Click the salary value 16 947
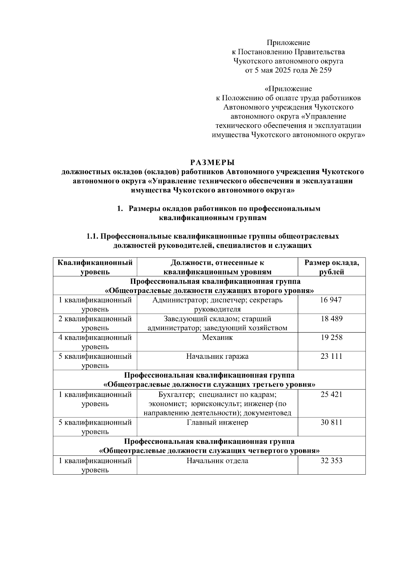pyautogui.click(x=331, y=300)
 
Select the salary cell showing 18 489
pyautogui.click(x=331, y=319)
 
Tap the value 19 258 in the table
pyautogui.click(x=331, y=338)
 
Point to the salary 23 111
pyautogui.click(x=331, y=356)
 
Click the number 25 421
pyautogui.click(x=331, y=395)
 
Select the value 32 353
pyautogui.click(x=331, y=461)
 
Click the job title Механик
pyautogui.click(x=217, y=338)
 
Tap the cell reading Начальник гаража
pyautogui.click(x=217, y=356)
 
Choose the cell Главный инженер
pyautogui.click(x=217, y=423)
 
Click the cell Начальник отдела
pyautogui.click(x=217, y=461)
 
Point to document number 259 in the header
pyautogui.click(x=325, y=70)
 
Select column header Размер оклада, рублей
pyautogui.click(x=331, y=267)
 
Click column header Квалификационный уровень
pyautogui.click(x=95, y=267)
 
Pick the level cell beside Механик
pyautogui.click(x=95, y=342)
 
